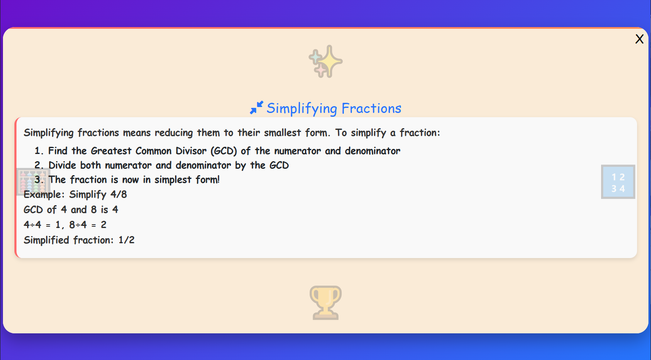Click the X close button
639,39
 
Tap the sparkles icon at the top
325,62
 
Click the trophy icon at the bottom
325,302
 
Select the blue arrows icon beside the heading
256,108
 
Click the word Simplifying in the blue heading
302,109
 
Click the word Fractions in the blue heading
371,108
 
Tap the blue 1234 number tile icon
618,182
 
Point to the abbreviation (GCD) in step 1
224,151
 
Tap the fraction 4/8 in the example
118,195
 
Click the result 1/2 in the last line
126,240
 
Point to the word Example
44,195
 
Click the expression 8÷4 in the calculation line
78,225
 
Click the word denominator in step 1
372,151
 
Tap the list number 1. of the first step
39,151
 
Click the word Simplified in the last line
46,240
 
